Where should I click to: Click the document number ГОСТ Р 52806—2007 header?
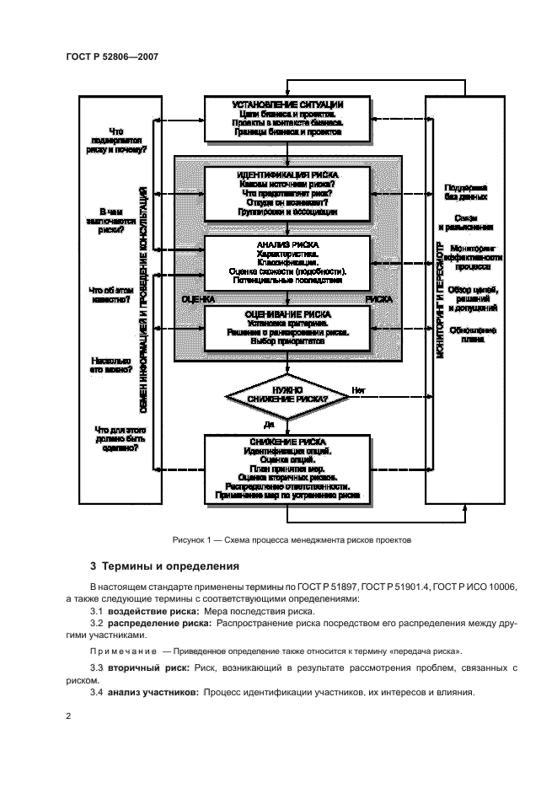pos(111,56)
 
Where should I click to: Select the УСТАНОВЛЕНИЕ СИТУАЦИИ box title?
pos(287,105)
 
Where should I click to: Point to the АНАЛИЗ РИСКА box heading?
pos(287,244)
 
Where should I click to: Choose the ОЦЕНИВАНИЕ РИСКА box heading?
pos(287,312)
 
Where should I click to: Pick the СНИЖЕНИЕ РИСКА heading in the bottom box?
pos(287,442)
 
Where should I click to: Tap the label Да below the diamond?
pos(269,423)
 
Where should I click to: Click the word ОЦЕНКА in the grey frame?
pos(199,299)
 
